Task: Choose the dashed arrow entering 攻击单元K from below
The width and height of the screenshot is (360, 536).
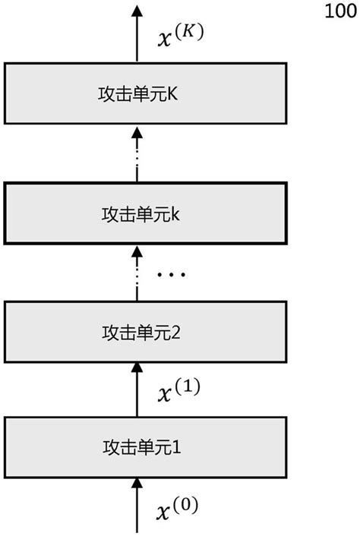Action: [x=137, y=155]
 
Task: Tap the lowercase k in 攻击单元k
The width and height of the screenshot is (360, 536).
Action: [x=175, y=213]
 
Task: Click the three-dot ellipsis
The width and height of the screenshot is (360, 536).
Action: [x=171, y=274]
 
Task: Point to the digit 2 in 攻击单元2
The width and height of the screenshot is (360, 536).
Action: [x=176, y=332]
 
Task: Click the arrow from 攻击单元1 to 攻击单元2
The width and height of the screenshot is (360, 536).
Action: [x=137, y=389]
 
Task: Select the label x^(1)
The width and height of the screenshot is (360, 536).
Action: [x=177, y=392]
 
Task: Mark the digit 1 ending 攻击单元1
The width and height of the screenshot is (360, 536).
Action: [x=176, y=446]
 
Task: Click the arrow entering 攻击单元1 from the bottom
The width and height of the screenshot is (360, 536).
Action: [x=137, y=505]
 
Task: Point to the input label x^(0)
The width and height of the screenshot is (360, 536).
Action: [x=177, y=507]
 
